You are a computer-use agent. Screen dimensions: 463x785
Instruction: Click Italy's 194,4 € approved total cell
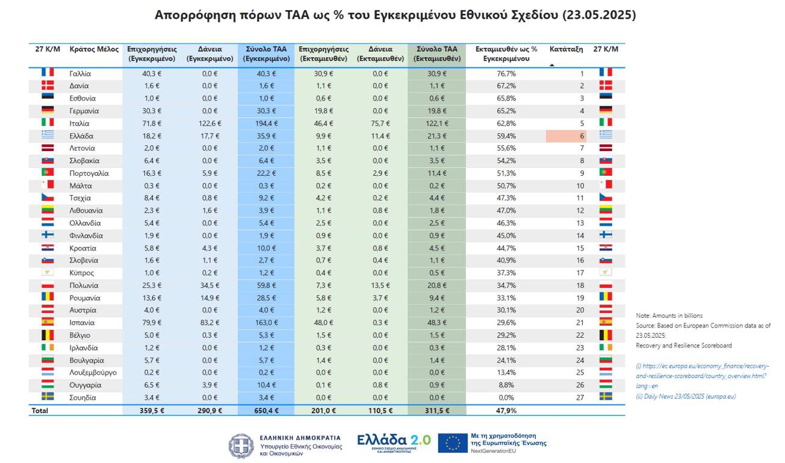pos(265,123)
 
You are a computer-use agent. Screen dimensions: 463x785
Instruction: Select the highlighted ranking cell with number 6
pos(566,136)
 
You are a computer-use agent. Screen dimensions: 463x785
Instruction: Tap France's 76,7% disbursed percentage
pos(506,73)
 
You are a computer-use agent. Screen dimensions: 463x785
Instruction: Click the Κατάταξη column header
pos(566,49)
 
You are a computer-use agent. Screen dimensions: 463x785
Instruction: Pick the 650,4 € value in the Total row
pos(265,411)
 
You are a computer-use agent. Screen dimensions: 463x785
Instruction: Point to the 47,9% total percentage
pos(506,411)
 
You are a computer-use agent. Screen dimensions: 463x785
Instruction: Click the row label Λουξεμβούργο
pos(93,373)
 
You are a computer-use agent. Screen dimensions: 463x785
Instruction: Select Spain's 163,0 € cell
pos(265,323)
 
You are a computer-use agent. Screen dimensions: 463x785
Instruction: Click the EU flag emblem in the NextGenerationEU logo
pos(452,443)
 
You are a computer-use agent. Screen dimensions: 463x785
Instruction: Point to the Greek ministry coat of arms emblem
pos(241,446)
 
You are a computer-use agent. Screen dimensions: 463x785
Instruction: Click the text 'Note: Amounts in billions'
pos(669,315)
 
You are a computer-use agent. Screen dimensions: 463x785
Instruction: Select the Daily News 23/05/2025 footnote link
pos(686,396)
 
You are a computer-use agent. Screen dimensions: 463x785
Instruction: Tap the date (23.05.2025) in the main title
pos(598,14)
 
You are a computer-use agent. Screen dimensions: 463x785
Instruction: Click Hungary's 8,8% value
pos(506,385)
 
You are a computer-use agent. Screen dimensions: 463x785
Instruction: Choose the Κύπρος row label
pos(82,273)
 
